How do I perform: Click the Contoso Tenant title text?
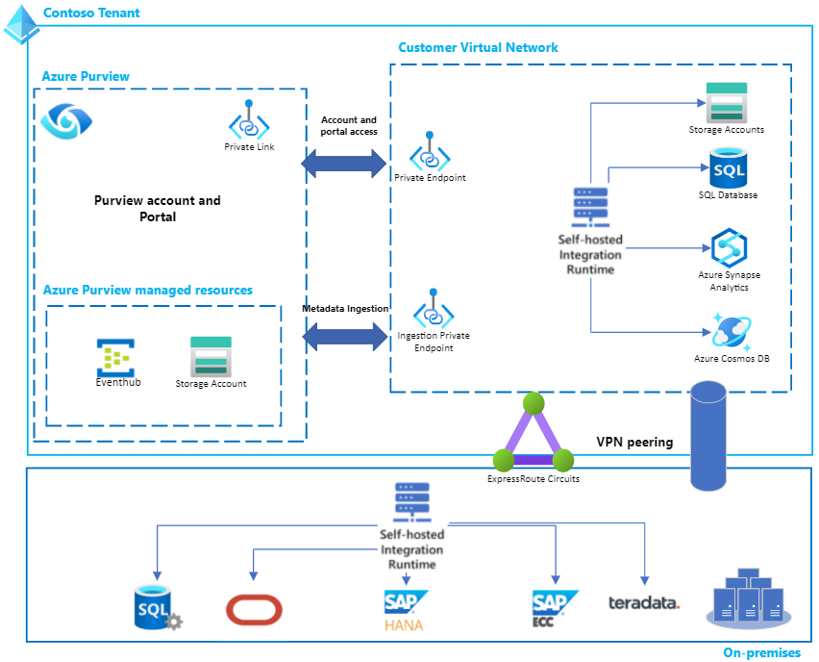91,13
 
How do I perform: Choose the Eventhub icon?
115,357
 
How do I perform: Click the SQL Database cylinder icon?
728,167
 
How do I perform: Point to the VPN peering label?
634,443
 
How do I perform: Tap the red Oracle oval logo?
255,609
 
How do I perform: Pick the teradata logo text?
643,603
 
